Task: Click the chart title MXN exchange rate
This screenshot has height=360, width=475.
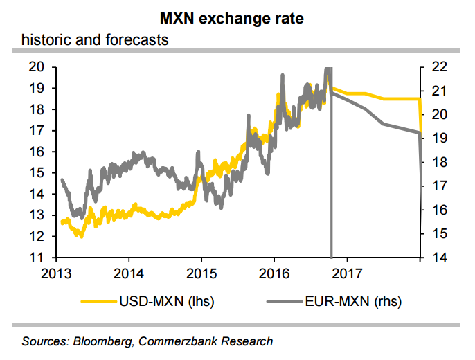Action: click(237, 17)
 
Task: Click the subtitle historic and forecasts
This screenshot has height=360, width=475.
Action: click(96, 39)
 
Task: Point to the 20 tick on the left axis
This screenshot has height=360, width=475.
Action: click(37, 67)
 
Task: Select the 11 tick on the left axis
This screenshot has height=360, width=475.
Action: click(37, 258)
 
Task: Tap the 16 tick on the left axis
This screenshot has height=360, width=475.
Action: click(37, 152)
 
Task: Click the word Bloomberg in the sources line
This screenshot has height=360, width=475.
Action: click(105, 341)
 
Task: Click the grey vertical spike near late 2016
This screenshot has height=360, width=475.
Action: click(332, 173)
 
